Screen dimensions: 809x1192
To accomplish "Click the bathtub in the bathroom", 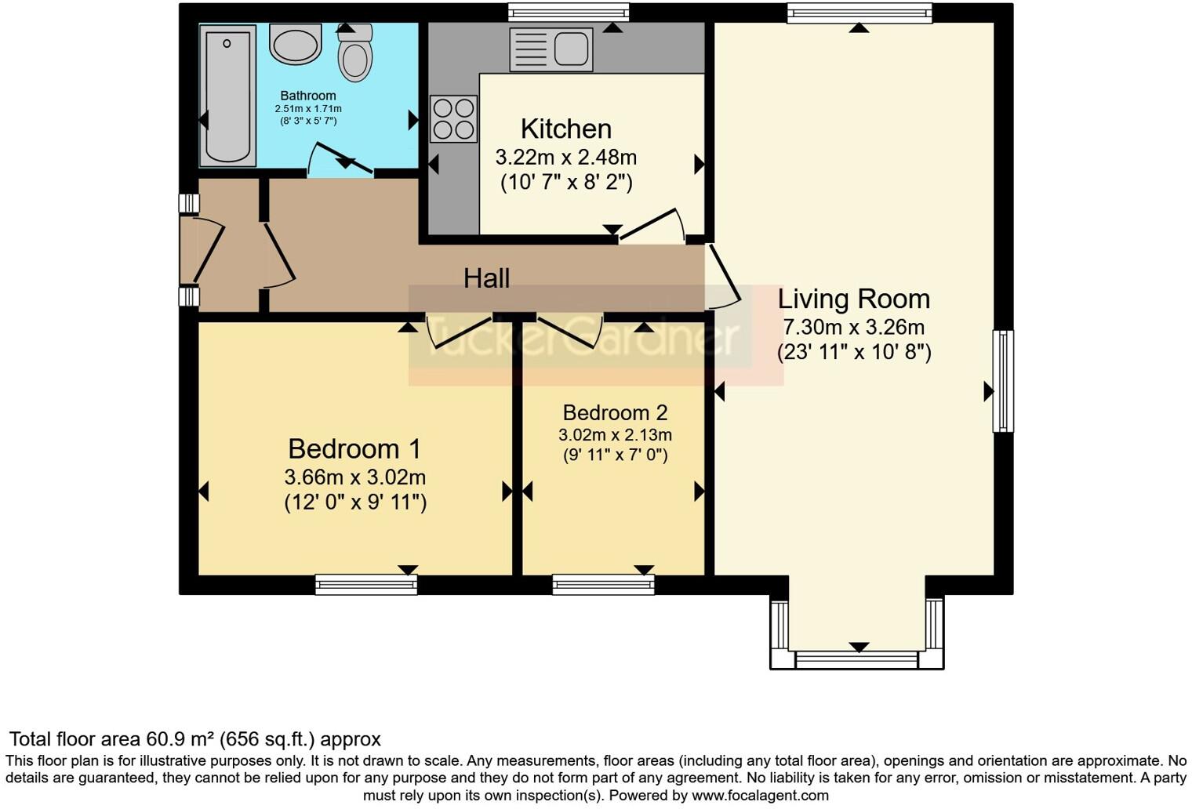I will coord(227,95).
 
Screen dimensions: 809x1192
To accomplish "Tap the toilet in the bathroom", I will coord(355,54).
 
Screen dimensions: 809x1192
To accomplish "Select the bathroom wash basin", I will coord(296,43).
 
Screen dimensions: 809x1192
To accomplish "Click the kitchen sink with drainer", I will coord(551,49).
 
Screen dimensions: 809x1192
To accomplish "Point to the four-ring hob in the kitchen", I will coord(453,118).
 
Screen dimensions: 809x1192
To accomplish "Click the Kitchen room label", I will coord(565,129).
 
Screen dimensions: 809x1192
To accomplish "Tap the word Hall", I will coord(486,278).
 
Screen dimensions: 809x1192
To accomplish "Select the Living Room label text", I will coord(853,299).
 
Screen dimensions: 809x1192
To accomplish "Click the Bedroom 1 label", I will coord(354,448).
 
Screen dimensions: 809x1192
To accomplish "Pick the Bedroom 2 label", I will coord(615,412).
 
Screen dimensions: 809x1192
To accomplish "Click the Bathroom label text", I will coord(308,96).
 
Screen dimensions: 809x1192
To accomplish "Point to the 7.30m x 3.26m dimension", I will coord(853,327).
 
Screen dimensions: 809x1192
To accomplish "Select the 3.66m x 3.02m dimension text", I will coord(354,477).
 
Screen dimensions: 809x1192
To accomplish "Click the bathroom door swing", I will coord(339,159).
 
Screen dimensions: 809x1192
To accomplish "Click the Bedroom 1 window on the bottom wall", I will coord(366,585).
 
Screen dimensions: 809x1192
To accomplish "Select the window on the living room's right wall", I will coord(1003,381).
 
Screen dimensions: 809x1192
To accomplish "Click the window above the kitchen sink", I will coord(568,13).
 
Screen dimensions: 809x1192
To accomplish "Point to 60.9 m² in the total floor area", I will coord(180,739).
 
